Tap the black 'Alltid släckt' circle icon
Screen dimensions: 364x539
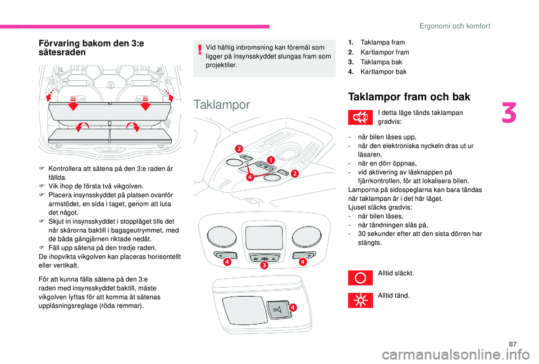coord(360,278)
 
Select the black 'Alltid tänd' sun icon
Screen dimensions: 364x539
coord(360,300)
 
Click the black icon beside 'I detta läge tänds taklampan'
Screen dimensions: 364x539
coord(360,117)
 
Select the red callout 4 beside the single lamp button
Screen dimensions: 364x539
coord(293,308)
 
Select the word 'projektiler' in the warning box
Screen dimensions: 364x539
coord(221,65)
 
